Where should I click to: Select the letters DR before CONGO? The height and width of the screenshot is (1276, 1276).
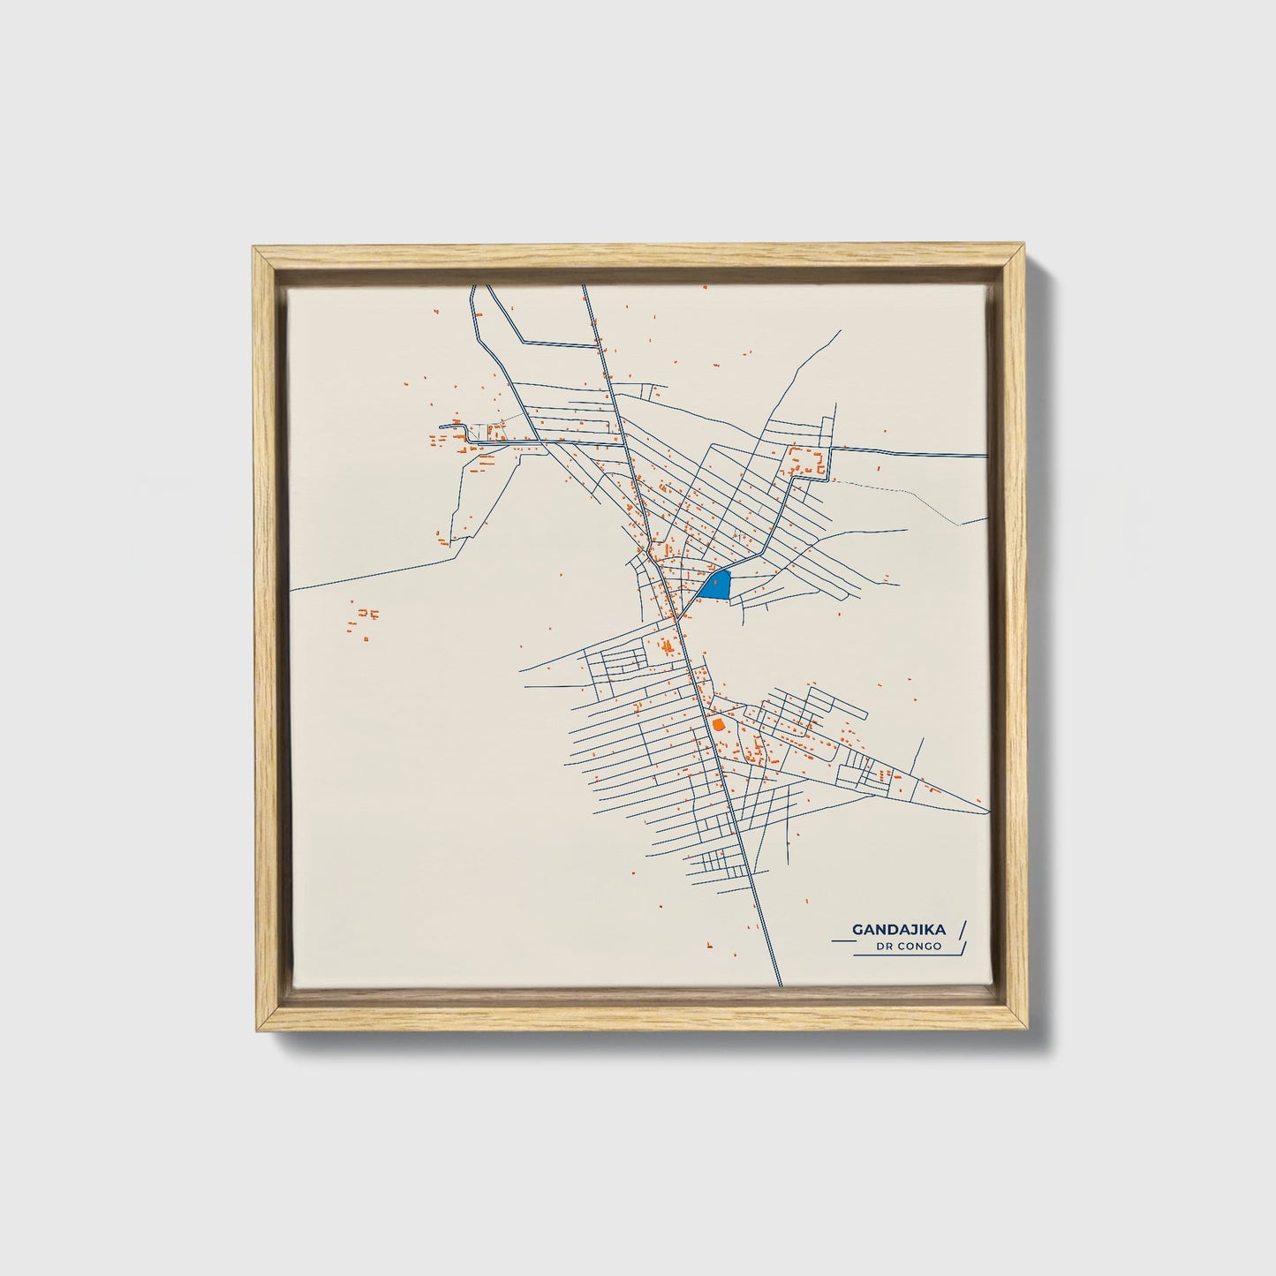tap(884, 947)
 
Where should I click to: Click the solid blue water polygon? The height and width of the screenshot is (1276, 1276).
tap(717, 585)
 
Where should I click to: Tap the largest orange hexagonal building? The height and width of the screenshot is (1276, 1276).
tap(718, 724)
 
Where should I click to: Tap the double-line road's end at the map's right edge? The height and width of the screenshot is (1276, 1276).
tap(985, 455)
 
